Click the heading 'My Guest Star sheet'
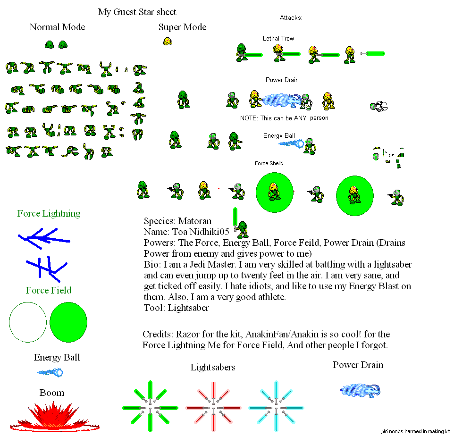[137, 12]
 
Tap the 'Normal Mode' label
[57, 27]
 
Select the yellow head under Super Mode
[168, 42]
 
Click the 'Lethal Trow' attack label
[278, 39]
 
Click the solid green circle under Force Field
[68, 322]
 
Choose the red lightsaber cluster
[213, 406]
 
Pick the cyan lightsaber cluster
[276, 406]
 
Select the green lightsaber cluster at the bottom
[150, 406]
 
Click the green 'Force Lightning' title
[49, 214]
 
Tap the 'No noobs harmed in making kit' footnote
[415, 431]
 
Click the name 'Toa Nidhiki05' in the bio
[201, 232]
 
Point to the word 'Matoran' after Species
[194, 221]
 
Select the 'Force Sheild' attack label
[269, 164]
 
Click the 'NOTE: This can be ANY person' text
[284, 118]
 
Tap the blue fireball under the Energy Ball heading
[50, 372]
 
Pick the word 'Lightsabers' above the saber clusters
[213, 368]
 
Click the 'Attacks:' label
[291, 18]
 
